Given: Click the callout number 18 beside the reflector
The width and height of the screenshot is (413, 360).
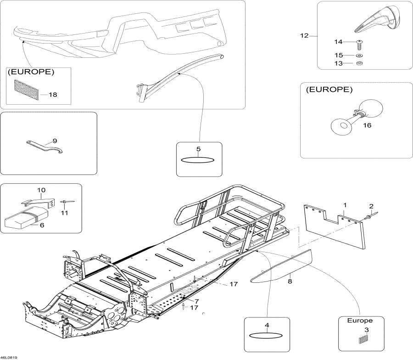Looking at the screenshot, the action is (x=53, y=95).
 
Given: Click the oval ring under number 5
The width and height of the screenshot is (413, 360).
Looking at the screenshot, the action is (x=197, y=160).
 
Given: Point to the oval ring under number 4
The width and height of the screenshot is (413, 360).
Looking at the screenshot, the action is (x=266, y=336).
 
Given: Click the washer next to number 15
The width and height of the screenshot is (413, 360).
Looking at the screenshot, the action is (x=358, y=56).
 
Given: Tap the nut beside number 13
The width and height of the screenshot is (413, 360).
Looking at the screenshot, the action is (x=358, y=63).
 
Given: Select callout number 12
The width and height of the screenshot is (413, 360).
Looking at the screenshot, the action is (x=304, y=35).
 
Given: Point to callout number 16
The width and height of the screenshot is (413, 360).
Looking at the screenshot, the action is (x=367, y=125).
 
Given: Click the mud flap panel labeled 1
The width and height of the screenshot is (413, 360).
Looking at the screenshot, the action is (x=335, y=227).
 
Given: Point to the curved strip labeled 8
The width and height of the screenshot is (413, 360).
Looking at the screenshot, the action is (x=281, y=266).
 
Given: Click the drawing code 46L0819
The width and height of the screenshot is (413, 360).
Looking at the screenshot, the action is (x=9, y=358).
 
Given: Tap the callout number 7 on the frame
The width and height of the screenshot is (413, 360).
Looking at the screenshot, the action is (x=196, y=301).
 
